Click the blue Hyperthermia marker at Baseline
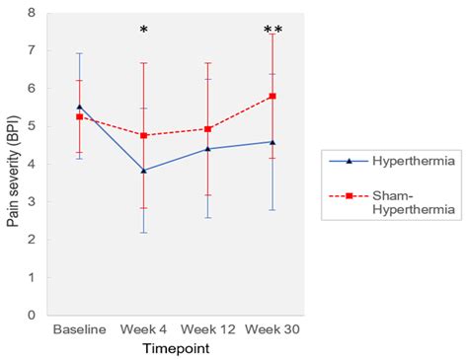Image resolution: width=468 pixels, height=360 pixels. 80,107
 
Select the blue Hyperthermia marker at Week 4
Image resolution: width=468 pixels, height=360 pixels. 144,171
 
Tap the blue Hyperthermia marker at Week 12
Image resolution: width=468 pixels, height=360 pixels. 208,149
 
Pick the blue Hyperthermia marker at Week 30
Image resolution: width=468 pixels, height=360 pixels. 273,142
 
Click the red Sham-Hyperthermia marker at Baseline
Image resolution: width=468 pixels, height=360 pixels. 80,116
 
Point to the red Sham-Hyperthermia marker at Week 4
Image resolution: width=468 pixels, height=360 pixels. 144,135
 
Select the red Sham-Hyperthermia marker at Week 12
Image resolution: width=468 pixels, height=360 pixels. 208,128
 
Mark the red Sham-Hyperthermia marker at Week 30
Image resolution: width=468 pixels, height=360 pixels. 273,96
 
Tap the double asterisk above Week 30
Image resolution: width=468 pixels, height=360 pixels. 273,32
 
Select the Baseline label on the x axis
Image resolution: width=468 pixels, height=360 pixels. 80,328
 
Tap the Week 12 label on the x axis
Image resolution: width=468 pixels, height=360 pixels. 208,328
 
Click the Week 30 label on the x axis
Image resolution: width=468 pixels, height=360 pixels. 273,328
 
